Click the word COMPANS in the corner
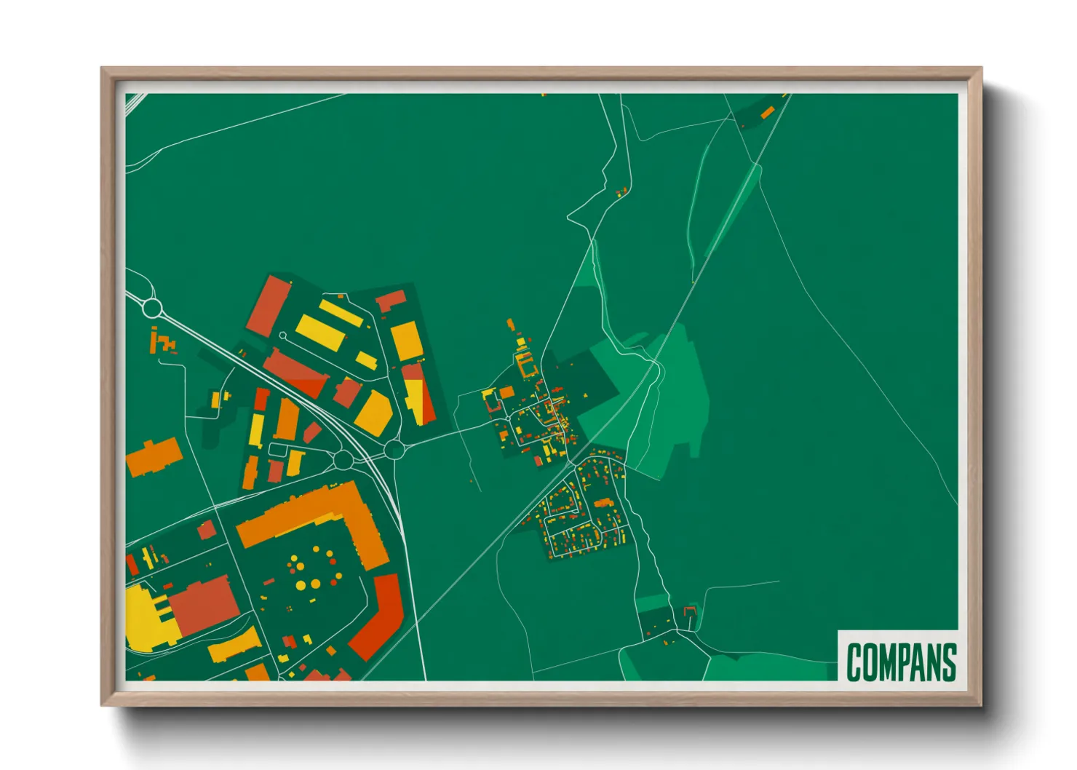tap(901, 662)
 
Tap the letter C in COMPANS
tap(854, 662)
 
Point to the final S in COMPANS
tap(948, 662)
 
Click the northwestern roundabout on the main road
tap(151, 308)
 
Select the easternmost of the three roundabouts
tap(394, 450)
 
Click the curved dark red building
tap(379, 616)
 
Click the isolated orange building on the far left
tap(154, 456)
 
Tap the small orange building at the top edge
tap(767, 112)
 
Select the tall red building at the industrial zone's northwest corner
tap(269, 306)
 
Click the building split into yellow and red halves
tap(418, 394)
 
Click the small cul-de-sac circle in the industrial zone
tap(282, 336)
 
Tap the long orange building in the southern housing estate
tap(603, 503)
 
